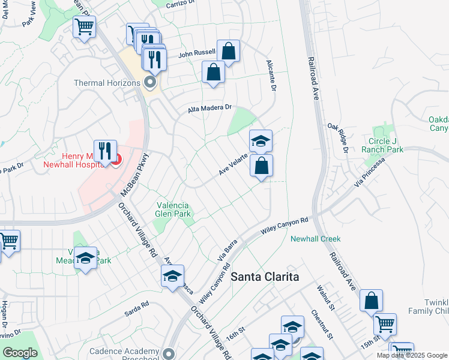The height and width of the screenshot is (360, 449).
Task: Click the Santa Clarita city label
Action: (x=265, y=277)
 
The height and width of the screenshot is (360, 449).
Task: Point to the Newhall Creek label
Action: (x=315, y=239)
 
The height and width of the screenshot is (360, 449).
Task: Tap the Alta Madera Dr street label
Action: (x=209, y=108)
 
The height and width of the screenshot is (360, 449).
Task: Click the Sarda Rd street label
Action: (x=137, y=308)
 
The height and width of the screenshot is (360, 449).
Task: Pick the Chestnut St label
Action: (x=322, y=325)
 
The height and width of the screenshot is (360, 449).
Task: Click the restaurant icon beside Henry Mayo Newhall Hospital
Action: (x=105, y=151)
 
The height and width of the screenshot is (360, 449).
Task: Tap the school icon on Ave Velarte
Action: (x=261, y=142)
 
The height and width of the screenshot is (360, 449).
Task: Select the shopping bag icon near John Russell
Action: (x=228, y=51)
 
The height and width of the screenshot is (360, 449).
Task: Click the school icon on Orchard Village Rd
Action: (x=172, y=276)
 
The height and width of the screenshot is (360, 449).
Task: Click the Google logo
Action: (x=19, y=353)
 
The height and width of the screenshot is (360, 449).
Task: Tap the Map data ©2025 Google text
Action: (x=411, y=355)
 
